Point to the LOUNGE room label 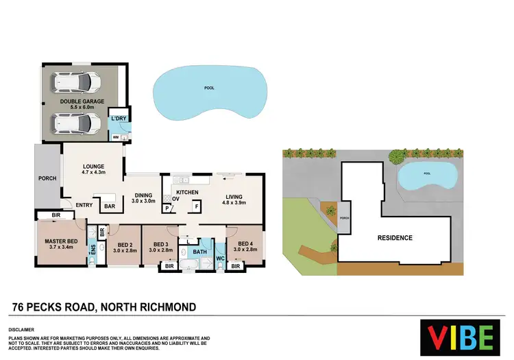pyautogui.click(x=93, y=166)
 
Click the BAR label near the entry pyautogui.click(x=109, y=206)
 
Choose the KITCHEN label pyautogui.click(x=187, y=193)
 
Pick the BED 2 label pyautogui.click(x=125, y=245)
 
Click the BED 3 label pyautogui.click(x=161, y=245)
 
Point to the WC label pyautogui.click(x=220, y=259)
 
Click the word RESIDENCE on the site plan pyautogui.click(x=394, y=238)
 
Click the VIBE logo pyautogui.click(x=460, y=337)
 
